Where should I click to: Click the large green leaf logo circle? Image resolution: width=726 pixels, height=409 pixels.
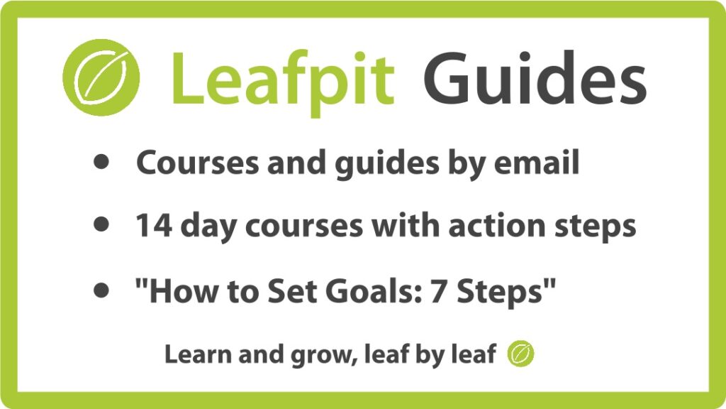pyautogui.click(x=101, y=77)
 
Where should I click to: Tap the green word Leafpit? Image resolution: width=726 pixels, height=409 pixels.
pyautogui.click(x=283, y=80)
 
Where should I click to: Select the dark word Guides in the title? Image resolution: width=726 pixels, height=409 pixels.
pyautogui.click(x=535, y=77)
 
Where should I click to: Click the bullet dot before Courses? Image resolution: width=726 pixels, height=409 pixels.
pyautogui.click(x=101, y=161)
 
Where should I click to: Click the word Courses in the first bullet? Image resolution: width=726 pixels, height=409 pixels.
pyautogui.click(x=197, y=163)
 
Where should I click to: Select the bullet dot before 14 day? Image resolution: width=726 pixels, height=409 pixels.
pyautogui.click(x=101, y=224)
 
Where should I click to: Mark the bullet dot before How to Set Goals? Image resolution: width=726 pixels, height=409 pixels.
pyautogui.click(x=101, y=290)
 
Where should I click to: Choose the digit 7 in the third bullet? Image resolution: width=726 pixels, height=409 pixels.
pyautogui.click(x=439, y=291)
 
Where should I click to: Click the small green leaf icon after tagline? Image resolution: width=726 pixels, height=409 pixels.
pyautogui.click(x=520, y=354)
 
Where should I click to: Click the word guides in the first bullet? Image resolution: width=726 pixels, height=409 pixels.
pyautogui.click(x=386, y=165)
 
